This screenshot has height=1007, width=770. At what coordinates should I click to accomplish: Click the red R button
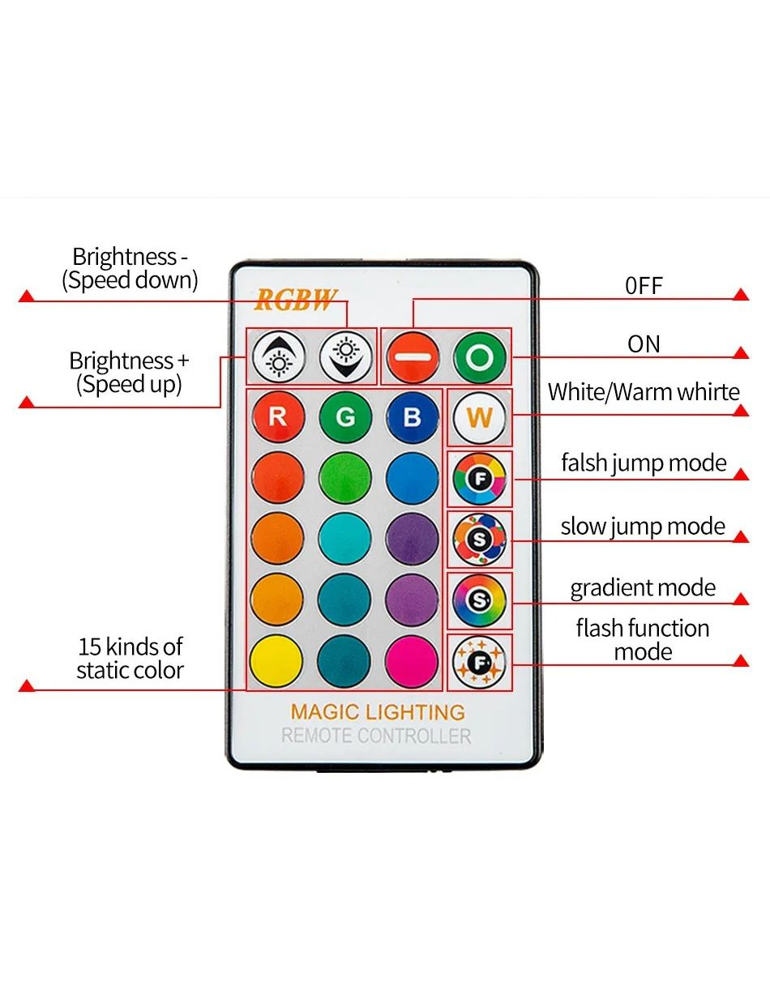(277, 417)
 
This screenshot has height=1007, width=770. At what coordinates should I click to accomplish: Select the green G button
(345, 417)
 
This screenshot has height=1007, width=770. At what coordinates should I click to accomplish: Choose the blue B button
(412, 417)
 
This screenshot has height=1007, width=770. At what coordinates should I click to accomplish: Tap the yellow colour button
(277, 660)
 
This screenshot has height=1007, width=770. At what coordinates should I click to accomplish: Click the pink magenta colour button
(412, 660)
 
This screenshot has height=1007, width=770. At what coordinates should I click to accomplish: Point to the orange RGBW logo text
(295, 300)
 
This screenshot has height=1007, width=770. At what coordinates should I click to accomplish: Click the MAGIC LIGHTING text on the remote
(378, 712)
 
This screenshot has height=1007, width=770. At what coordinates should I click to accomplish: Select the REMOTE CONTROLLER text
(376, 736)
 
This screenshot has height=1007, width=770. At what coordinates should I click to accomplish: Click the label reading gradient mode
(643, 587)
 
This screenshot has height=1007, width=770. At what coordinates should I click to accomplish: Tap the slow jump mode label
(643, 527)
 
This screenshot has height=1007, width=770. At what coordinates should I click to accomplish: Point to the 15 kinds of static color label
(130, 658)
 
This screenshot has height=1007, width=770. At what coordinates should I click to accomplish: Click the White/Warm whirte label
(644, 392)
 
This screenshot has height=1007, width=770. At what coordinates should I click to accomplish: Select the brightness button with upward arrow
(278, 356)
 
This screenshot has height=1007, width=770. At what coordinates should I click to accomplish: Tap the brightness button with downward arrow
(345, 356)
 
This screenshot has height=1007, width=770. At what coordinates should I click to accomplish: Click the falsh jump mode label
(644, 463)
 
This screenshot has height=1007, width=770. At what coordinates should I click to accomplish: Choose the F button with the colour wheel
(479, 479)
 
